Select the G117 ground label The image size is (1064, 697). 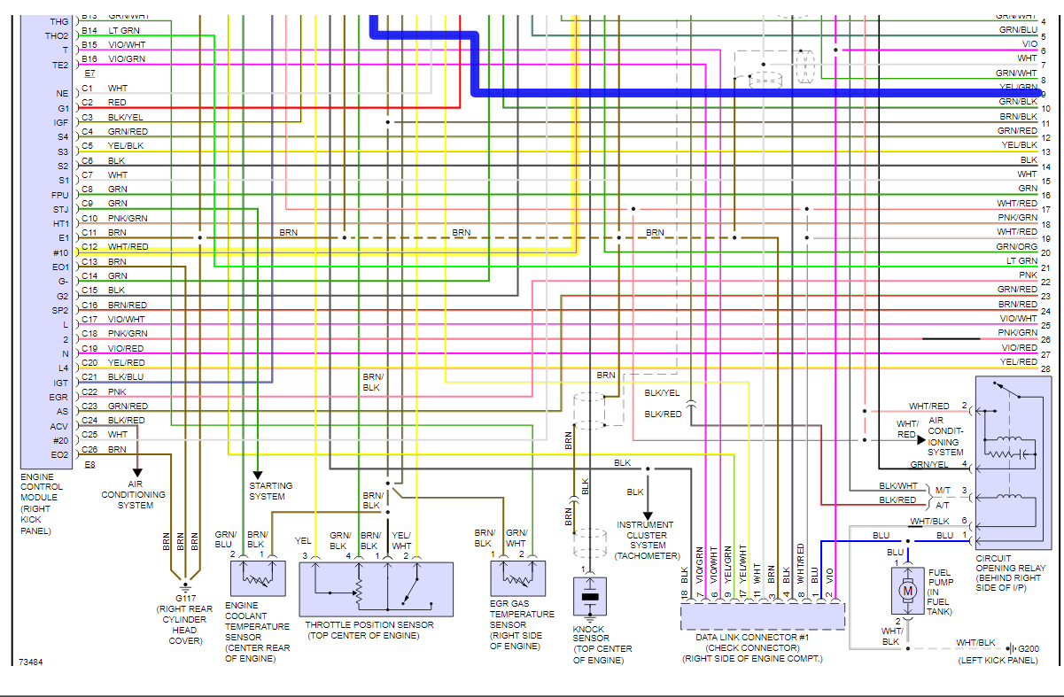(185, 599)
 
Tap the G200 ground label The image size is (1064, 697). (1028, 648)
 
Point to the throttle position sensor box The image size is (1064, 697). (377, 589)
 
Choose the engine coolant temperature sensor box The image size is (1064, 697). (257, 578)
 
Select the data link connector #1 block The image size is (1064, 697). (763, 616)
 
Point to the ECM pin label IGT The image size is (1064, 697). (59, 383)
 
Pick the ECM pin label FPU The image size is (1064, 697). (59, 195)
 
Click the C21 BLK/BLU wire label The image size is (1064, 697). (126, 376)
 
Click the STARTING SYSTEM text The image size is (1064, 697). (270, 491)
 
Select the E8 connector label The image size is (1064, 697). (89, 464)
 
